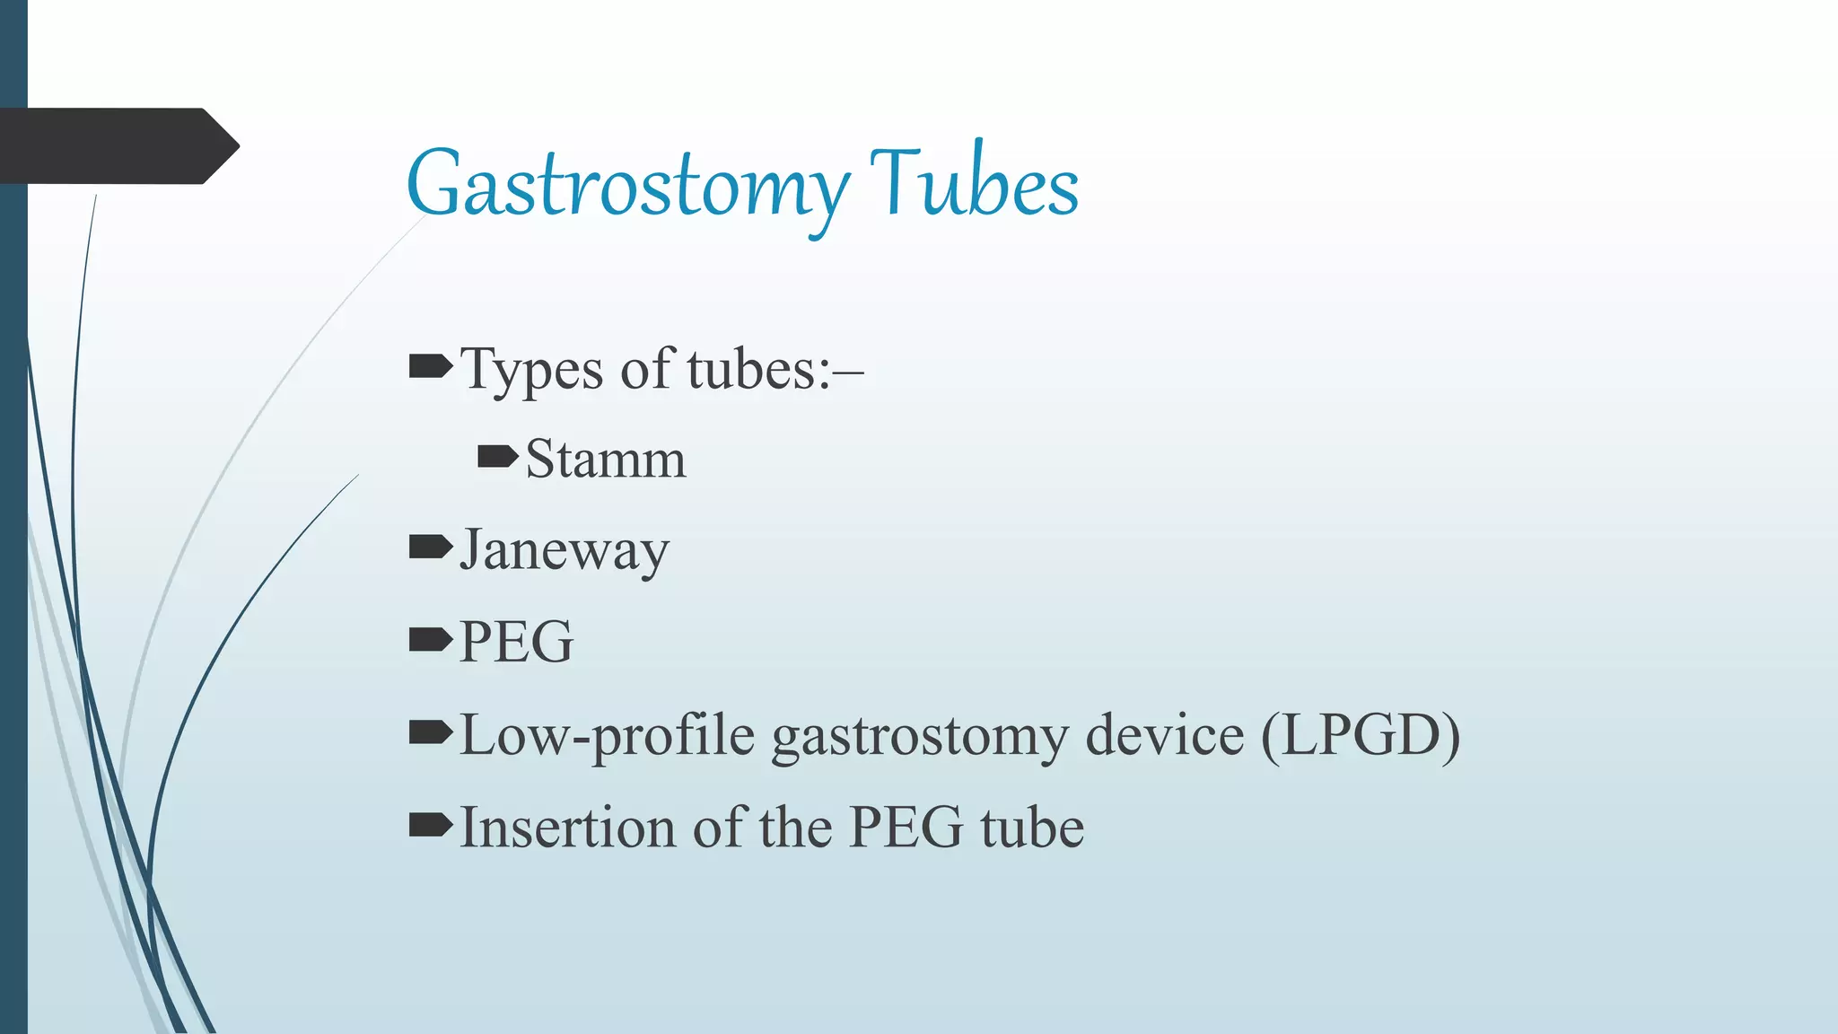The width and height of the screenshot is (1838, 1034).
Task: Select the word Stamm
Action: pyautogui.click(x=606, y=459)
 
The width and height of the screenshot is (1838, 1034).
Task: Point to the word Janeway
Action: pyautogui.click(x=565, y=550)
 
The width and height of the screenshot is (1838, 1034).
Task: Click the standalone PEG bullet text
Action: pyautogui.click(x=516, y=642)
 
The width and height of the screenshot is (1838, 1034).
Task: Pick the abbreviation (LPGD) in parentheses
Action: pyautogui.click(x=1361, y=735)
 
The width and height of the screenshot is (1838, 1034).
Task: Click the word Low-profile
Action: pyautogui.click(x=607, y=736)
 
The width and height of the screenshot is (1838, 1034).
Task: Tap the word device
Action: pyautogui.click(x=1165, y=735)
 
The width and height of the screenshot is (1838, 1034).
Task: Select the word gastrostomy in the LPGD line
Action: pyautogui.click(x=920, y=737)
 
